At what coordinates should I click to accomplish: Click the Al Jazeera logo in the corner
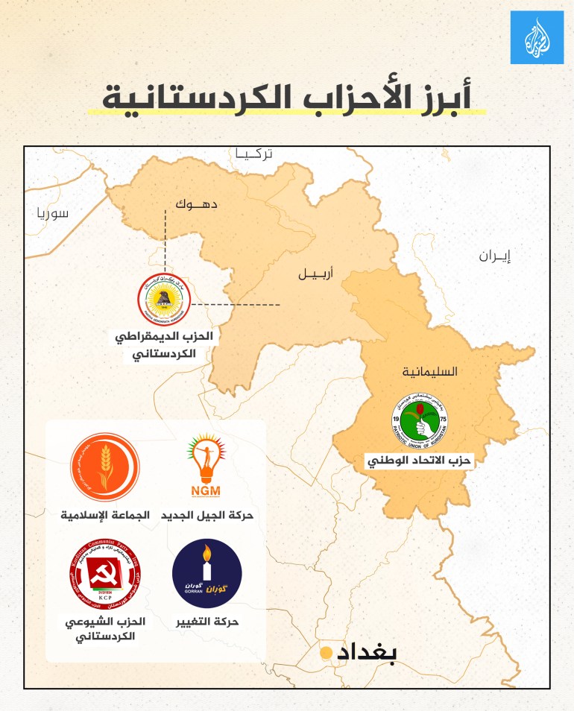pos(537,37)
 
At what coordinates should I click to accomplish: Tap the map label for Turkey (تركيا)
pos(254,154)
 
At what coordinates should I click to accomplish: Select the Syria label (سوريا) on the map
pos(52,213)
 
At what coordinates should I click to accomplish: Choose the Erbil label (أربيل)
pos(315,274)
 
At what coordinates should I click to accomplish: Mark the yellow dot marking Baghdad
pos(326,653)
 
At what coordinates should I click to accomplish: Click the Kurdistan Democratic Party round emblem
pos(164,300)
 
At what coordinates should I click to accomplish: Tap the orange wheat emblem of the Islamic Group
pos(104,468)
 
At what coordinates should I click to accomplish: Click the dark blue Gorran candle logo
pos(206,573)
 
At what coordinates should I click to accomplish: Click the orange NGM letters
pos(206,490)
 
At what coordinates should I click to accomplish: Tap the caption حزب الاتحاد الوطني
pos(420,461)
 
